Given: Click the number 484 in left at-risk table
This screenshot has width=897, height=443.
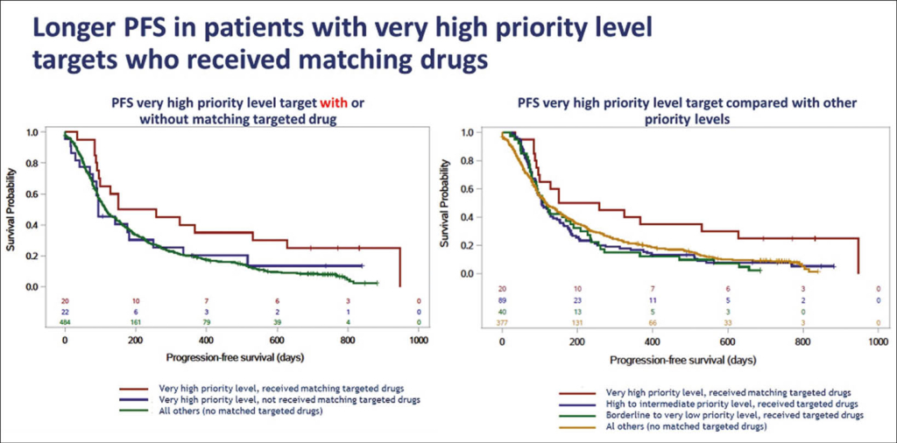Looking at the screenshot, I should pyautogui.click(x=65, y=323).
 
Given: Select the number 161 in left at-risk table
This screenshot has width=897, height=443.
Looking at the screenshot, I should pyautogui.click(x=135, y=323).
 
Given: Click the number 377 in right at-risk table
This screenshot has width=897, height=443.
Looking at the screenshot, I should pyautogui.click(x=501, y=323).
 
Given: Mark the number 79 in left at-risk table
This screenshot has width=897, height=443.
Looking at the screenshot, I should pyautogui.click(x=205, y=323).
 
